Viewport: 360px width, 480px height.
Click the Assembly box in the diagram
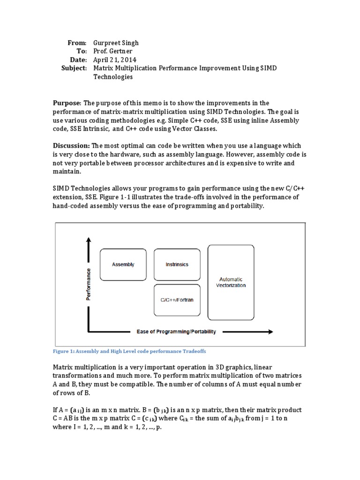123,264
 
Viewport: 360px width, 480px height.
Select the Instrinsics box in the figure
177,264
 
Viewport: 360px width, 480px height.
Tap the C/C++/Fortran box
177,300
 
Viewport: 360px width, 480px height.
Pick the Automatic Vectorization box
231,282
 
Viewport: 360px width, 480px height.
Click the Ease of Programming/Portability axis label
176,332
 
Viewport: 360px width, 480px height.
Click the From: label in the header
77,43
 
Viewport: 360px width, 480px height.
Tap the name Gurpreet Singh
116,43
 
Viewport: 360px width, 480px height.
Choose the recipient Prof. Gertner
113,51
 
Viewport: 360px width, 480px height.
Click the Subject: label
74,68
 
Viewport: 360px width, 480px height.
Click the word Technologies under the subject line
113,77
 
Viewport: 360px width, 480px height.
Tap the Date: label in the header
78,60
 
